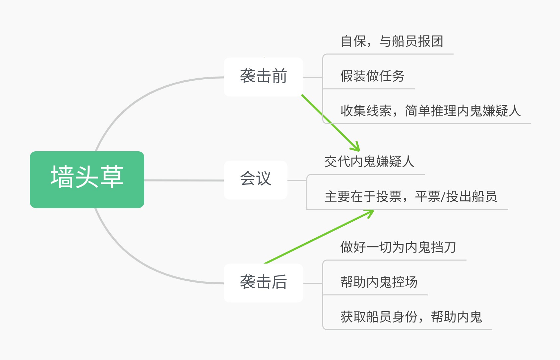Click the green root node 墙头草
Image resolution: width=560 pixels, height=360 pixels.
click(87, 180)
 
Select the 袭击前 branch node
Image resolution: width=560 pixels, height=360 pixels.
click(263, 77)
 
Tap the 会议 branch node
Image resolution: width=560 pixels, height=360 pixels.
click(255, 180)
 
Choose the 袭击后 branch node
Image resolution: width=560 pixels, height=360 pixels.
click(263, 283)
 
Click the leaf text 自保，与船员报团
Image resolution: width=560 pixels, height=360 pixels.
click(392, 41)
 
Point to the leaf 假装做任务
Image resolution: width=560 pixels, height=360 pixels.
click(372, 76)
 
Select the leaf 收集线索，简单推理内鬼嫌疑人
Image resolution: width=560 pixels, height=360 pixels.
click(430, 111)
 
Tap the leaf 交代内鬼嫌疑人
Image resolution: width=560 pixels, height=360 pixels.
click(369, 162)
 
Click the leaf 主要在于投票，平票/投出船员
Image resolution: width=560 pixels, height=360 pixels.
click(410, 197)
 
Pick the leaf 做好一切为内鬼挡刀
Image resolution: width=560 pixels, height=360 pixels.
click(398, 248)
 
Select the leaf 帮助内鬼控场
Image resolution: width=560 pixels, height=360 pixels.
click(379, 282)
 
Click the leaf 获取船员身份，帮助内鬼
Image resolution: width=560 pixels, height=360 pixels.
click(411, 317)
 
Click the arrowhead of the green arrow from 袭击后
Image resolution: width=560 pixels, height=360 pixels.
click(370, 212)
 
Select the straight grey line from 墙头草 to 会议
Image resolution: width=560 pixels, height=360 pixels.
click(184, 180)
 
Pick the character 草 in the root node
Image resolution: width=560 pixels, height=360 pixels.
click(112, 177)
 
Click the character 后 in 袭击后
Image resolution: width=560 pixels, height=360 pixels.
click(279, 282)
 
